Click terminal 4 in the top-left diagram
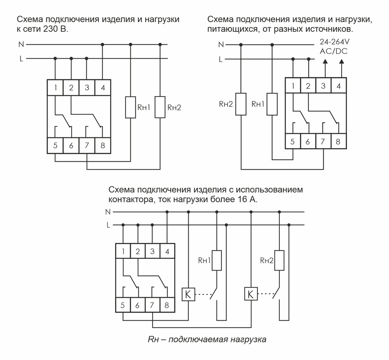103,87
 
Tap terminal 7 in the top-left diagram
87,146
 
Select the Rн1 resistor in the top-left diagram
130,107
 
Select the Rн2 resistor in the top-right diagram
241,104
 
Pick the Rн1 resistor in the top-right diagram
272,104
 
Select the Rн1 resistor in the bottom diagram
217,260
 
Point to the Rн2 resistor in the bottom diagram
279,260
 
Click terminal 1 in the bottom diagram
123,251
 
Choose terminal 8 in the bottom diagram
167,305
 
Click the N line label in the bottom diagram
108,212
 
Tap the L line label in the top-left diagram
20,59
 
